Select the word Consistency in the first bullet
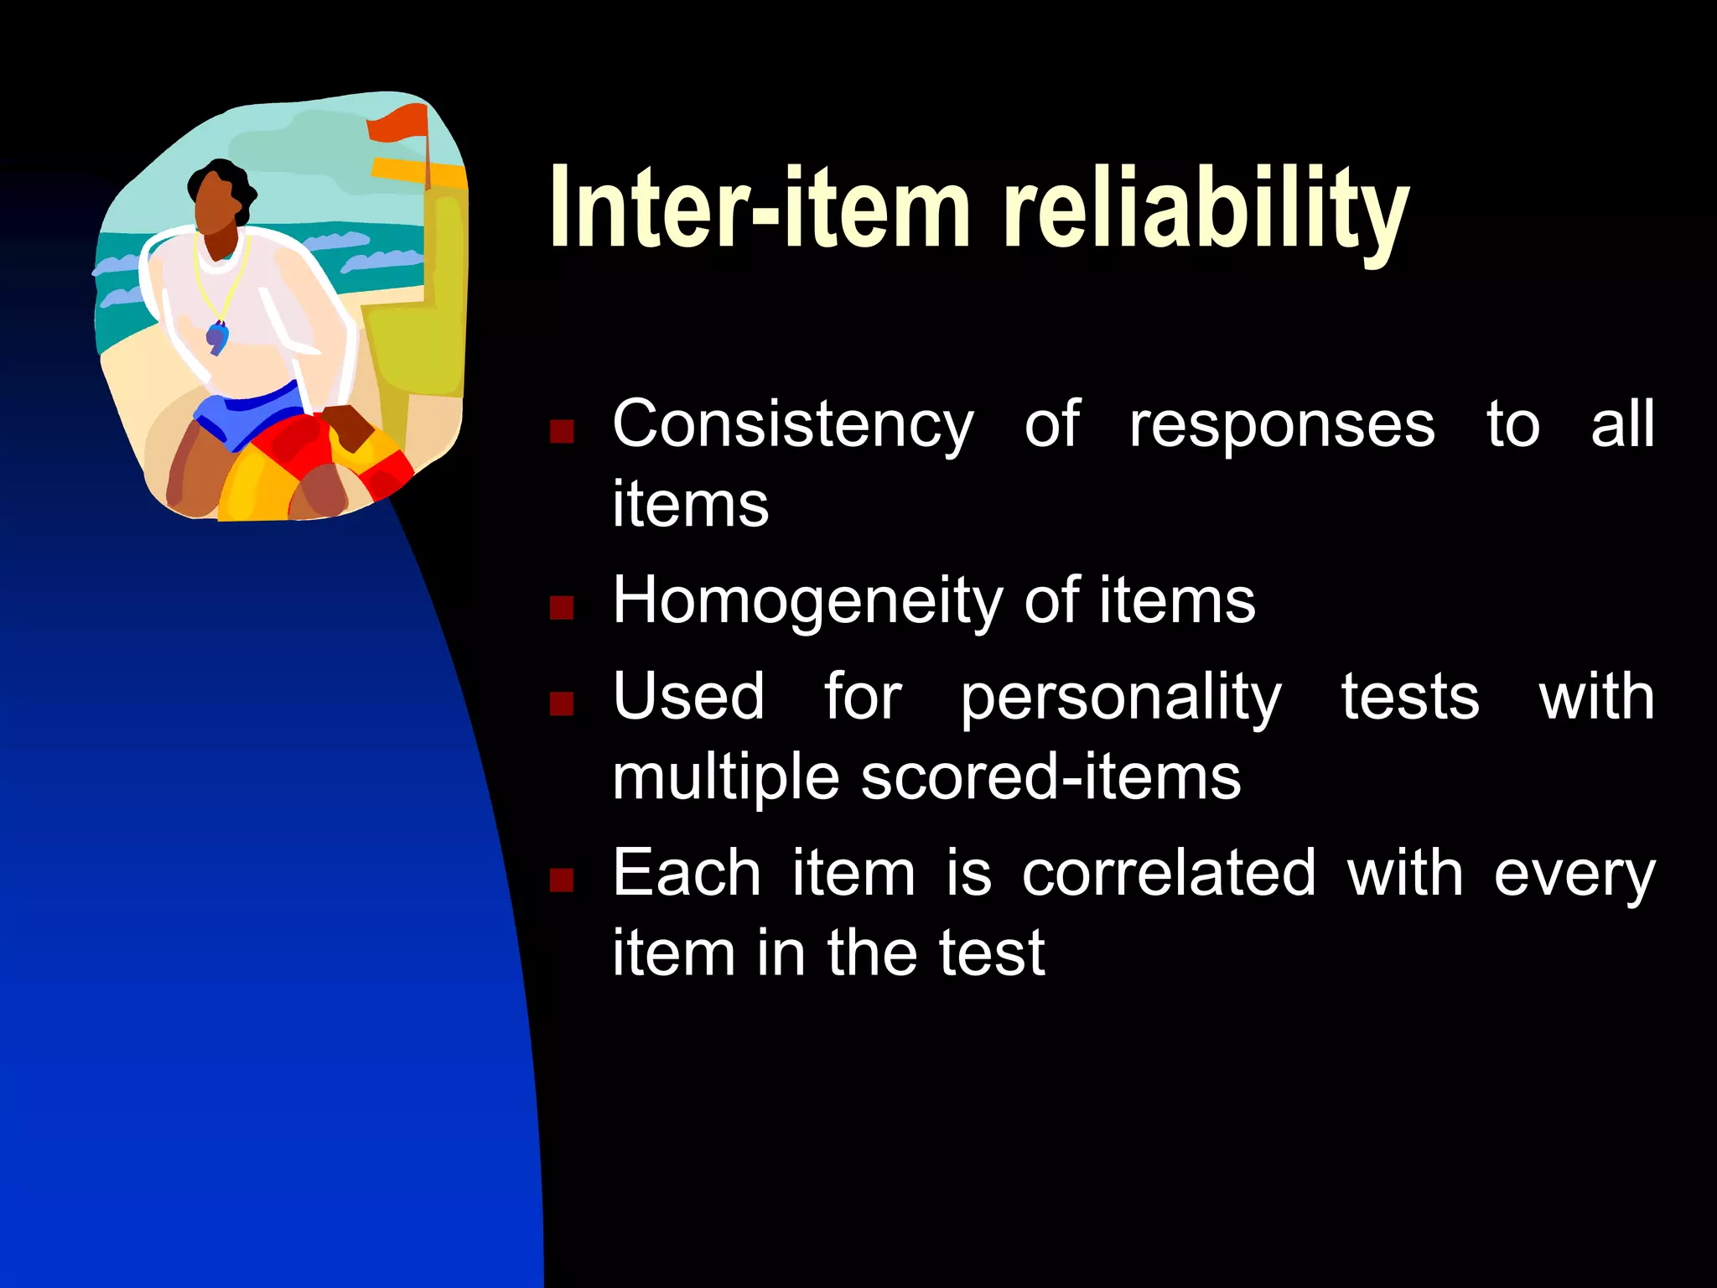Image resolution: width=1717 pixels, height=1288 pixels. pyautogui.click(x=792, y=425)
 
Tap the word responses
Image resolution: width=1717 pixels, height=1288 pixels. pyautogui.click(x=1282, y=425)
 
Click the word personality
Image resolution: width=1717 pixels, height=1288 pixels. pyautogui.click(x=1121, y=699)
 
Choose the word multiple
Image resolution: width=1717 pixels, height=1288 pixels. pyautogui.click(x=725, y=779)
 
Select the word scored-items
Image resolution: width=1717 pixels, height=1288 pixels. pyautogui.click(x=1050, y=777)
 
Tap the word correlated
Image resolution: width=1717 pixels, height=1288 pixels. pyautogui.click(x=1169, y=873)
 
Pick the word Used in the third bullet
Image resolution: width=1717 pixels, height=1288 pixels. pyautogui.click(x=688, y=697)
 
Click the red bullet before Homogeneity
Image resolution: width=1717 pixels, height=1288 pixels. pyautogui.click(x=561, y=607)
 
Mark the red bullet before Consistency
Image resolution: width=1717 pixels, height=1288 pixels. pyautogui.click(x=561, y=431)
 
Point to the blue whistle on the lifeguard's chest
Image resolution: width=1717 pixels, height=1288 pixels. pyautogui.click(x=217, y=337)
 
